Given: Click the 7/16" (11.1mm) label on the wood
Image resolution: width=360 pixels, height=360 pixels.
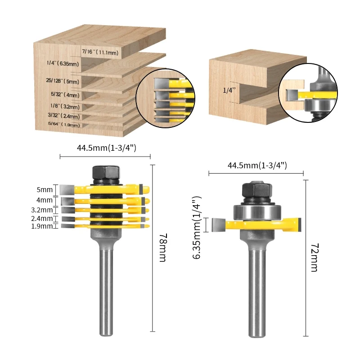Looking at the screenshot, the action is pyautogui.click(x=100, y=52).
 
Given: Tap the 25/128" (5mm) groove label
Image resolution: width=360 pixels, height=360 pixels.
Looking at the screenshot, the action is pyautogui.click(x=63, y=81).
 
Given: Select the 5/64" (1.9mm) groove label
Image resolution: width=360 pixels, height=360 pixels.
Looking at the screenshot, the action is pyautogui.click(x=64, y=124).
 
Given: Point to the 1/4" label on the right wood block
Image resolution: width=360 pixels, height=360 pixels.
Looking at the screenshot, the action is pyautogui.click(x=229, y=90).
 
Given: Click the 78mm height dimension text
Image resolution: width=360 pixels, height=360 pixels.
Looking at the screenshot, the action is pyautogui.click(x=163, y=247).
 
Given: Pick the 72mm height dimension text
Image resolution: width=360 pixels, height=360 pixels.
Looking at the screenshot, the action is pyautogui.click(x=314, y=257).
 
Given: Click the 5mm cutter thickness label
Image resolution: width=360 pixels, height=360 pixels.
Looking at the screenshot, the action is pyautogui.click(x=45, y=189).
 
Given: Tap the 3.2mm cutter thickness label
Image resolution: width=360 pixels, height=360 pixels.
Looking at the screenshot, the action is pyautogui.click(x=42, y=210).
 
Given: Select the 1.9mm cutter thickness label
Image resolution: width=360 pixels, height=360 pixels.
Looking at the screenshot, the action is pyautogui.click(x=42, y=226).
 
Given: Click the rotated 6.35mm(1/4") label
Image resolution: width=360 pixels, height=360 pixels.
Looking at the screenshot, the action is pyautogui.click(x=197, y=228).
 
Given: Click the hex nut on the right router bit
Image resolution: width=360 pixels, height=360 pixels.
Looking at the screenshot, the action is pyautogui.click(x=257, y=190).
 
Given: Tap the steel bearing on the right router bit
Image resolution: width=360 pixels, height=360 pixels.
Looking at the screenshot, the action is pyautogui.click(x=257, y=212).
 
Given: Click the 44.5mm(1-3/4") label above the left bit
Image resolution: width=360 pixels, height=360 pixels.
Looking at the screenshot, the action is pyautogui.click(x=107, y=148).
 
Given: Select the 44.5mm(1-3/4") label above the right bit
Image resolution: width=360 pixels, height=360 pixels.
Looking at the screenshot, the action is pyautogui.click(x=257, y=165).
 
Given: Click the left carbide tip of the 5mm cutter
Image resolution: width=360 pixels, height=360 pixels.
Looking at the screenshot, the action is pyautogui.click(x=67, y=190).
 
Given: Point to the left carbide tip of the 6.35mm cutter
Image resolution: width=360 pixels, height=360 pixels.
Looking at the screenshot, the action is pyautogui.click(x=219, y=225).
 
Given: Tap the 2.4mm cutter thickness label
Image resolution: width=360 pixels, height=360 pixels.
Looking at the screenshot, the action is pyautogui.click(x=42, y=218).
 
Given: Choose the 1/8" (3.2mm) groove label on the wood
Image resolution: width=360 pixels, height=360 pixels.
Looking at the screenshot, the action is pyautogui.click(x=65, y=106).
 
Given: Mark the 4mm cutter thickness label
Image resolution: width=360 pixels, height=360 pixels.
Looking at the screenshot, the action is pyautogui.click(x=45, y=200).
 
